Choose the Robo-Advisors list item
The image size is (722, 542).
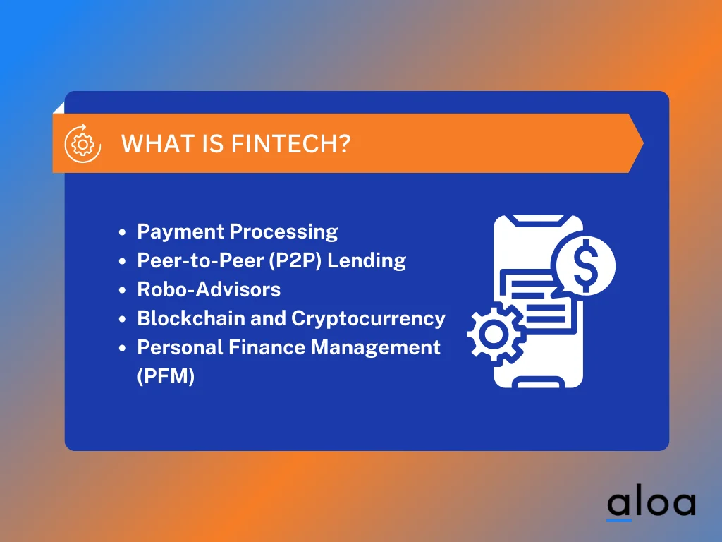(209, 289)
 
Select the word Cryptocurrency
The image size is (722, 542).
(368, 318)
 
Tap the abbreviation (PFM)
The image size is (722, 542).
(166, 376)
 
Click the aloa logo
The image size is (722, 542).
(651, 502)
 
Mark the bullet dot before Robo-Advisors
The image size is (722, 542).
(123, 290)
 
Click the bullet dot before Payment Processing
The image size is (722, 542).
(123, 232)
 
